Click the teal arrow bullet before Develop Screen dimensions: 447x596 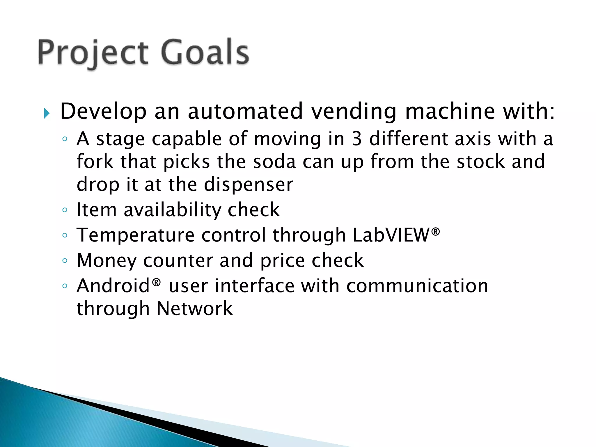[47, 113]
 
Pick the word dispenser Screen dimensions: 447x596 [248, 185]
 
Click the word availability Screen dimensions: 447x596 [172, 210]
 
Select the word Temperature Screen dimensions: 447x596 [135, 235]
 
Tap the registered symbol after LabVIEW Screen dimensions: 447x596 [435, 232]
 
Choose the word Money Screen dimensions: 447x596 [106, 260]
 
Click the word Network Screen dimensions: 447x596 [194, 308]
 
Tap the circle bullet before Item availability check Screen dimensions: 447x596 [65, 210]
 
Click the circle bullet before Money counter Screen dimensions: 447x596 [65, 260]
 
